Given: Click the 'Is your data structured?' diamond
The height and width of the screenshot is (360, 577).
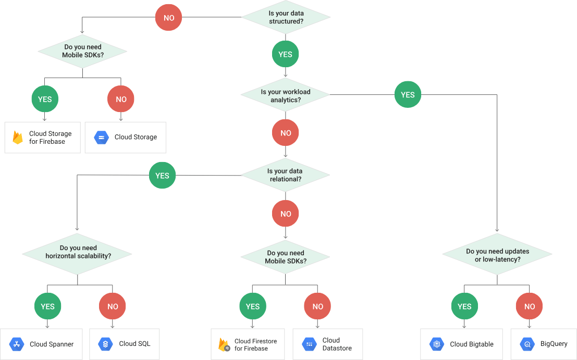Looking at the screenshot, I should tap(285, 17).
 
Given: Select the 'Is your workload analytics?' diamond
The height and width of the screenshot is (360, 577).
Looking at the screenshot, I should tap(285, 95).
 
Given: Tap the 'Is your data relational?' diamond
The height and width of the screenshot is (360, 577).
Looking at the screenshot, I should tap(285, 175).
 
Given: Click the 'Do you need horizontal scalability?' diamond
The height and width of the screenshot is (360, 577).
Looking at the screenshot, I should tap(77, 252).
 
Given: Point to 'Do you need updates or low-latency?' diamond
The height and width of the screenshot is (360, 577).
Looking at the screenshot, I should tap(497, 255).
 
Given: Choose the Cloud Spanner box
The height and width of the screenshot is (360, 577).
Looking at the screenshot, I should tap(42, 344).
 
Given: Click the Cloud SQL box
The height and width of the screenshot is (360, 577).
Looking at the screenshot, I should tap(124, 344).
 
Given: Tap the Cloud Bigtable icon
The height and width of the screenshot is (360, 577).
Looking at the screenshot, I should tap(436, 344).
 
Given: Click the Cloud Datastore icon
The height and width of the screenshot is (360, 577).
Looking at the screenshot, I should tap(309, 344).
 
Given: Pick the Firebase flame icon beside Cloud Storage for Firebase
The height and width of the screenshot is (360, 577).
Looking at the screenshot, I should tap(18, 138).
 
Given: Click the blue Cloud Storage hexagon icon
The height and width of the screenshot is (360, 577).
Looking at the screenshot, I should tap(101, 138).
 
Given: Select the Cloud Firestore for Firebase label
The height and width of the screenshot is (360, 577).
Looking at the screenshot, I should tap(255, 344).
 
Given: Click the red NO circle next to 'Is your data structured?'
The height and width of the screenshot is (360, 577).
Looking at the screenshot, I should tap(169, 18).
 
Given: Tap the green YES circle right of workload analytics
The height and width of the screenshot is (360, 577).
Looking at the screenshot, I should tap(408, 94).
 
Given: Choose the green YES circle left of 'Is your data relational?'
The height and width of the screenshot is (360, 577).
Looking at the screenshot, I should tap(162, 176).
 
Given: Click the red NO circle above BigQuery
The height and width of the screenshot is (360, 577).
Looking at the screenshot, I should tap(530, 306).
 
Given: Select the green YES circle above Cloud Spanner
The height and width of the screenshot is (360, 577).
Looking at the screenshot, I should tap(47, 306).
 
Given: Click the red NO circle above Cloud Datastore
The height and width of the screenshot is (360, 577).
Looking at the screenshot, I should tap(318, 306).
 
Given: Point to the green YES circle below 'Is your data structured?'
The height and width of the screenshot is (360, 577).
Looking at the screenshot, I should tap(286, 54).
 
